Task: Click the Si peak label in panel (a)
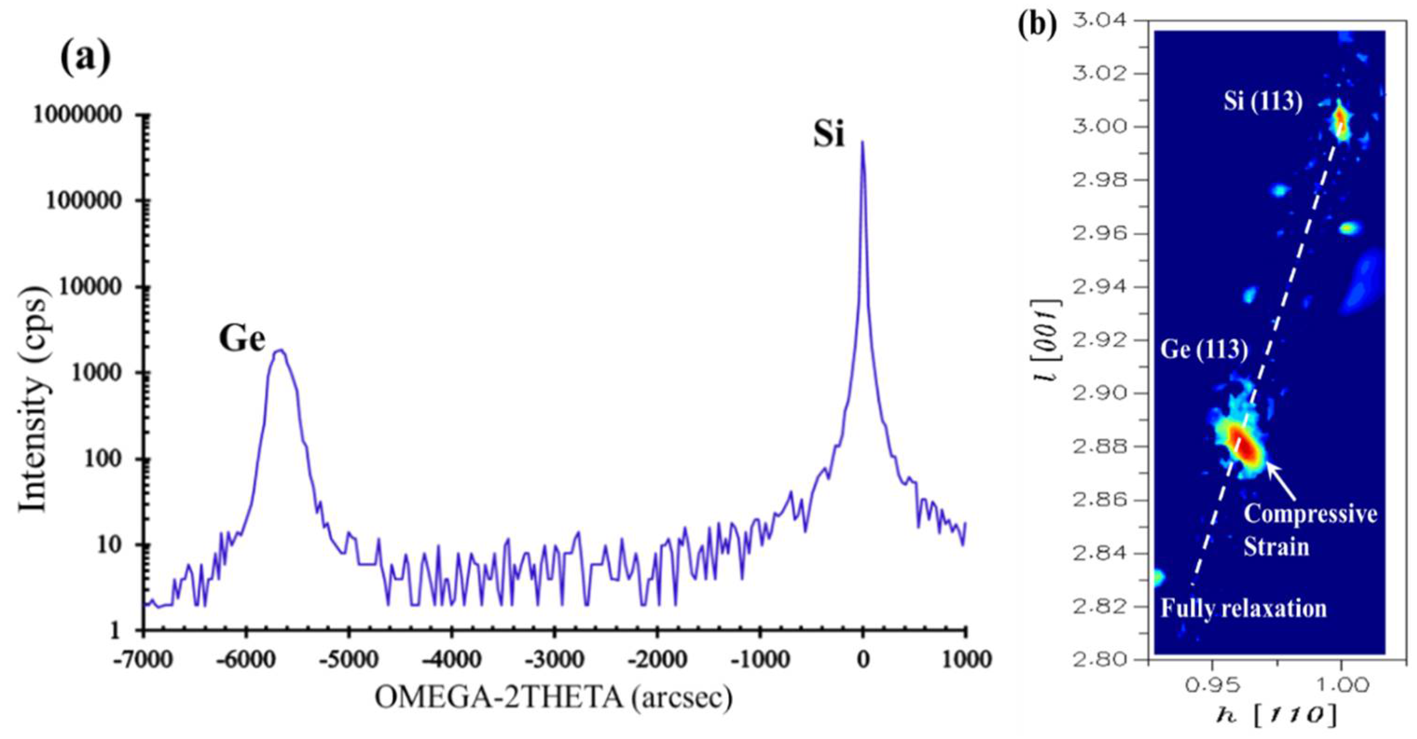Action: [x=828, y=134]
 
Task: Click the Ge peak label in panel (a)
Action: [x=242, y=339]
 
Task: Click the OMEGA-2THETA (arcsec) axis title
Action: [x=553, y=698]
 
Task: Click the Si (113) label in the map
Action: [x=1262, y=102]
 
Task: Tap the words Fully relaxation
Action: [x=1243, y=609]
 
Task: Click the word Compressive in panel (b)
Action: [x=1310, y=514]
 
